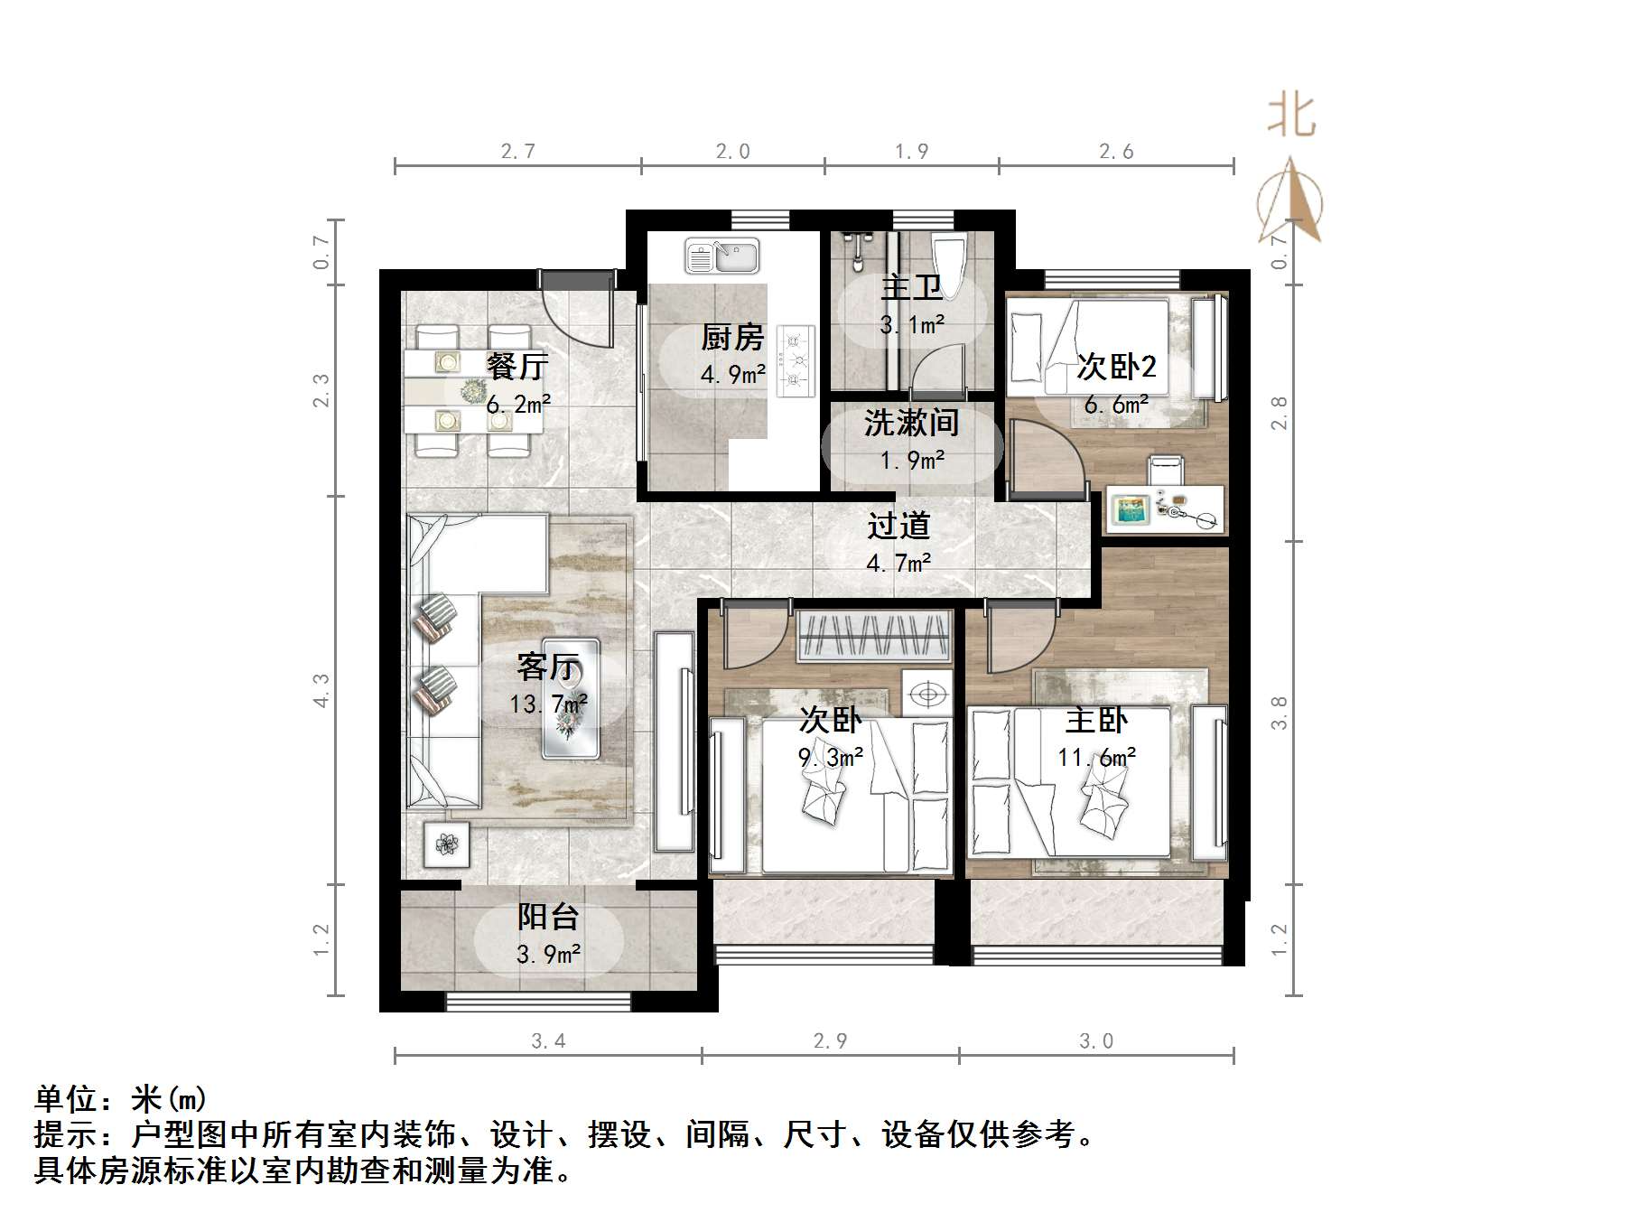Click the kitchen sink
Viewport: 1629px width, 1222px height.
[x=721, y=256]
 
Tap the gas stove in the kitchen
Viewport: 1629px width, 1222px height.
[x=796, y=360]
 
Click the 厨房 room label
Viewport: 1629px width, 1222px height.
[x=732, y=338]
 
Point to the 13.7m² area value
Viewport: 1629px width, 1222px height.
[x=548, y=704]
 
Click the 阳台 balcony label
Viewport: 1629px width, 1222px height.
[x=548, y=917]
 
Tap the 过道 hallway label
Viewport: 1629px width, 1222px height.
[x=898, y=526]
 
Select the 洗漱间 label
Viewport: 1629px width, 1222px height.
[x=911, y=423]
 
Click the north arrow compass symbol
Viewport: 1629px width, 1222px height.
[x=1290, y=203]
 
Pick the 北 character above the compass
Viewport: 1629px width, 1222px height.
[x=1291, y=116]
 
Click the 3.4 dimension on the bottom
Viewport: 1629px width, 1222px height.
[x=548, y=1041]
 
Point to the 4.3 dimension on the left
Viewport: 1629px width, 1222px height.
[x=321, y=690]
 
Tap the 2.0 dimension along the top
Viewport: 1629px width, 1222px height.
[x=732, y=152]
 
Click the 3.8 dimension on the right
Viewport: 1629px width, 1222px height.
[x=1279, y=714]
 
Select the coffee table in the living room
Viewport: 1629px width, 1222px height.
[x=571, y=699]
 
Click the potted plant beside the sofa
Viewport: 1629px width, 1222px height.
[x=447, y=845]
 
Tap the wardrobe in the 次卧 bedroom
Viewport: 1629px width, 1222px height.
[x=875, y=636]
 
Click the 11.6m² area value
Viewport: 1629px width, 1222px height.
[x=1096, y=757]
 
